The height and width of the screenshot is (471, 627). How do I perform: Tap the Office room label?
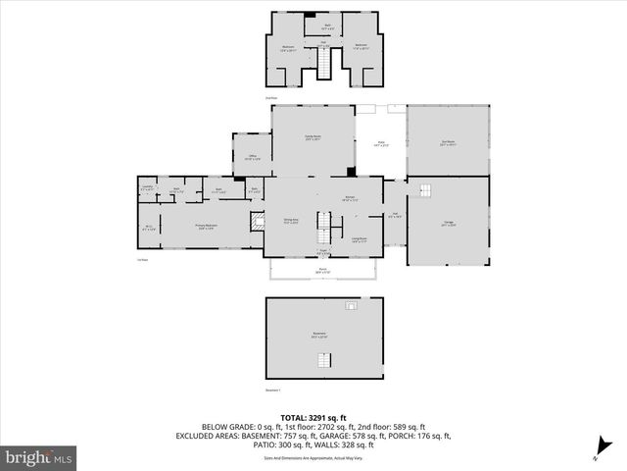pyautogui.click(x=251, y=156)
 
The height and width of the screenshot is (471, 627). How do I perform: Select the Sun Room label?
pyautogui.click(x=448, y=142)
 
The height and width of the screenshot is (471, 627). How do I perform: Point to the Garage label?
pyautogui.click(x=448, y=225)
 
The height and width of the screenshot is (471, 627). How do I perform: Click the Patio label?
pyautogui.click(x=380, y=144)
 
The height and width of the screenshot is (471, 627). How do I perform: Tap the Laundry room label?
pyautogui.click(x=147, y=187)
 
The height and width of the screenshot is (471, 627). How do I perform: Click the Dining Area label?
pyautogui.click(x=291, y=221)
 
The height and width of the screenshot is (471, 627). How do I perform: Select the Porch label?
pyautogui.click(x=321, y=271)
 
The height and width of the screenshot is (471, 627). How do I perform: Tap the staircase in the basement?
pyautogui.click(x=322, y=361)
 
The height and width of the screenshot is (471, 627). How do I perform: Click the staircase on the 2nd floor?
pyautogui.click(x=325, y=65)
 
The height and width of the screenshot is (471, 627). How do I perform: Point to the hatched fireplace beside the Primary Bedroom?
pyautogui.click(x=258, y=223)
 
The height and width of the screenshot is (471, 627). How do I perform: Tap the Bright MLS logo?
pyautogui.click(x=39, y=457)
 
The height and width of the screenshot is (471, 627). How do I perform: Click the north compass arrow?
pyautogui.click(x=597, y=456)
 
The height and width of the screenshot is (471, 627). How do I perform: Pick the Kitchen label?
pyautogui.click(x=349, y=198)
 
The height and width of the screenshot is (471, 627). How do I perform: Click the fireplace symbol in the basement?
pyautogui.click(x=351, y=306)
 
